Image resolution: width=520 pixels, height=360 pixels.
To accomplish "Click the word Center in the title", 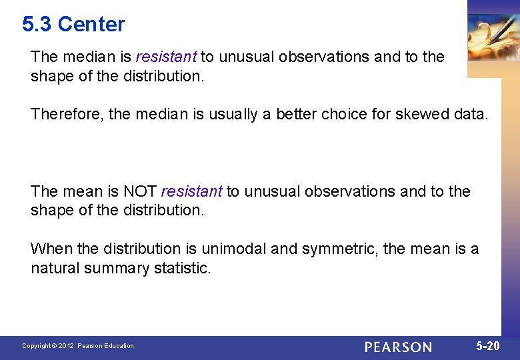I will (91, 25).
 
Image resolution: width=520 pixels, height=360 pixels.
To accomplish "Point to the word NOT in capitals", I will (140, 192).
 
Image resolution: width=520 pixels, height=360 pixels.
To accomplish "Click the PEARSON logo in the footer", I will (398, 347).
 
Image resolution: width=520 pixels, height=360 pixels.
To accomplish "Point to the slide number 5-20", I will (488, 346).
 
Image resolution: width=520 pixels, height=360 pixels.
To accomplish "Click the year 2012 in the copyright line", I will (65, 346).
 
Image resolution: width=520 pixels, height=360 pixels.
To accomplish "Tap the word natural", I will (55, 269).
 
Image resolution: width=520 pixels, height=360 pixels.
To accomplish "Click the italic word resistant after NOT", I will (191, 192).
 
